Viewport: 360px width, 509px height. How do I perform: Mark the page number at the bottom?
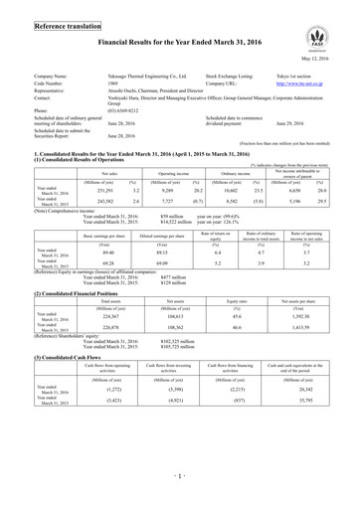(179, 491)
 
